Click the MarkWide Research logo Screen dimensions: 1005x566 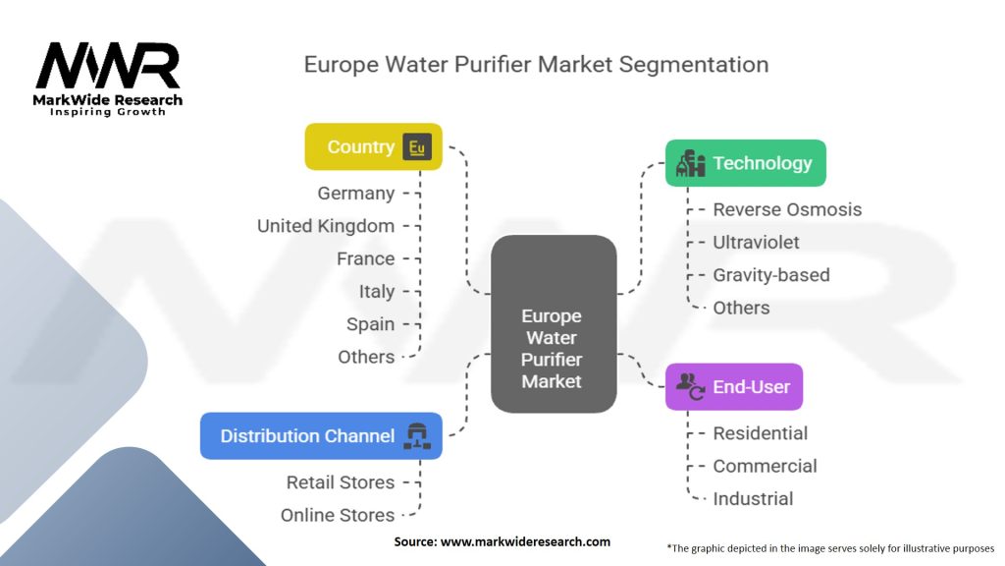tap(108, 78)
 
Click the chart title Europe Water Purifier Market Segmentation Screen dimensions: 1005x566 tap(536, 65)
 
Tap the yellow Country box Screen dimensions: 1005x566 tap(373, 147)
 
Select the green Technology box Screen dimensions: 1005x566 tap(745, 163)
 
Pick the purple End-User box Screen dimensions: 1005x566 tap(733, 386)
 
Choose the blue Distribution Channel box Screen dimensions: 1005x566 tap(321, 436)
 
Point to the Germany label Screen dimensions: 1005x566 tap(356, 194)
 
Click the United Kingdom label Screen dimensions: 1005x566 tap(326, 226)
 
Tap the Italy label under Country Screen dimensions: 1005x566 tap(377, 292)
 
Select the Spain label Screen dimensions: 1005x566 tap(370, 324)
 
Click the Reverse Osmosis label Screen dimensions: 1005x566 tap(787, 209)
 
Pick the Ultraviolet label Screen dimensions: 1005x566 tap(756, 242)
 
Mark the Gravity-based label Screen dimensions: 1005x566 tap(770, 275)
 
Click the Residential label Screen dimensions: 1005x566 tap(760, 433)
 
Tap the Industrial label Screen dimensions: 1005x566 tap(753, 498)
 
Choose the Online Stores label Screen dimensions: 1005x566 tap(338, 515)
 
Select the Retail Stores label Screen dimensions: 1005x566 tap(341, 482)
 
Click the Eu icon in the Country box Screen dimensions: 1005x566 tap(417, 147)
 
